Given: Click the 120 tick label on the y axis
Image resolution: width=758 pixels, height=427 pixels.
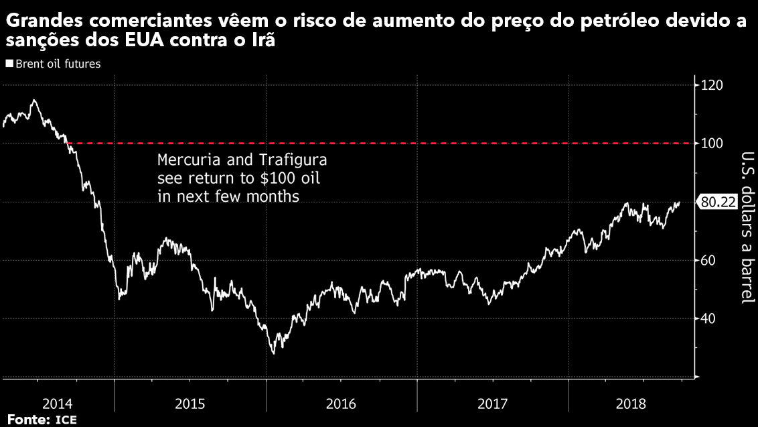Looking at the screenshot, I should (x=712, y=85).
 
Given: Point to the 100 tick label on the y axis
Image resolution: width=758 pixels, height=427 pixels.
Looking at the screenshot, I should (x=712, y=143).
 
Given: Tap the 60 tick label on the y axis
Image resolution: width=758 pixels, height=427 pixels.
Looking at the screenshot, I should (x=709, y=260).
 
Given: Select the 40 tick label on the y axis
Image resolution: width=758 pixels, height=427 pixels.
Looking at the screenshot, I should (x=709, y=318).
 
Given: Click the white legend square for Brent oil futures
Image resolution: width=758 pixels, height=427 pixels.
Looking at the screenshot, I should (x=9, y=64).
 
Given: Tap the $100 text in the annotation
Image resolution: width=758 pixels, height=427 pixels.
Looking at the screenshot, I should (x=264, y=179).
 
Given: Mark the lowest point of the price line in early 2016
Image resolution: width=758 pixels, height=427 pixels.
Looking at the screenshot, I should (x=273, y=353).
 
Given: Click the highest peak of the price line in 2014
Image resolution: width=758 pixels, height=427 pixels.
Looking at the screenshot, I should (x=34, y=100).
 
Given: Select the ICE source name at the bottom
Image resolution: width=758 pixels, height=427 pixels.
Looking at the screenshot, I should (x=66, y=420).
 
